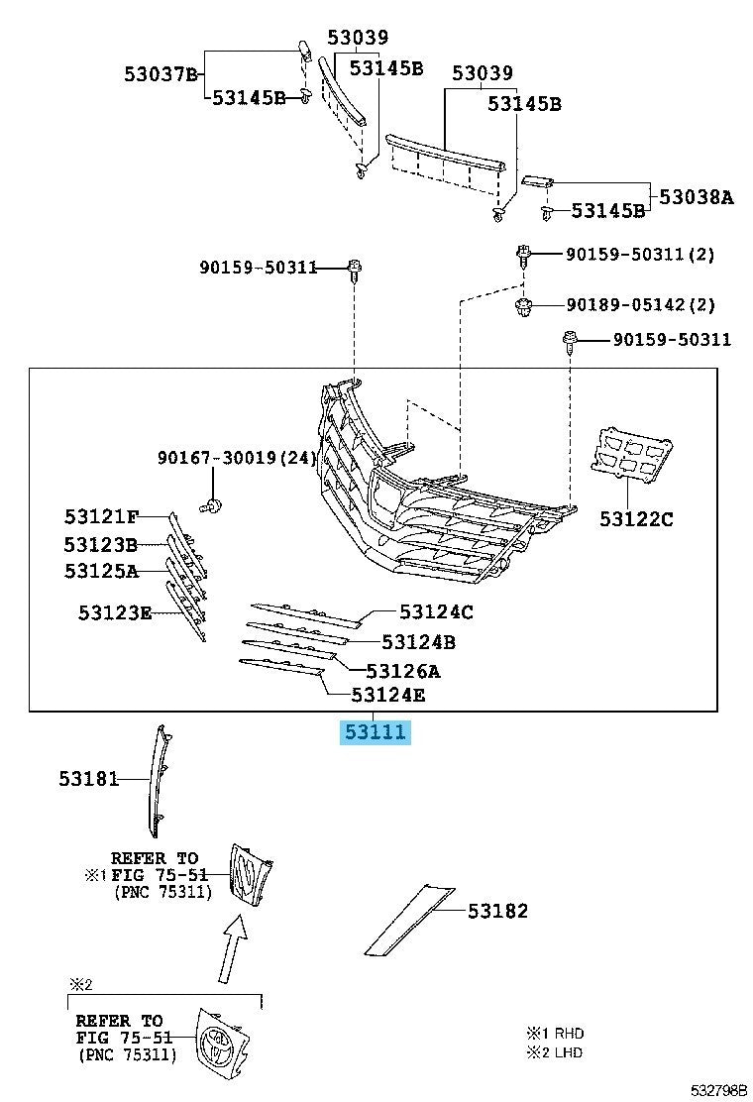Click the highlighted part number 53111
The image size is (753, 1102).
pyautogui.click(x=375, y=733)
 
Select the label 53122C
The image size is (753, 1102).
pyautogui.click(x=635, y=517)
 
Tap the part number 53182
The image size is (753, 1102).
pyautogui.click(x=497, y=911)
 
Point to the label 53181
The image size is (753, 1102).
pyautogui.click(x=87, y=780)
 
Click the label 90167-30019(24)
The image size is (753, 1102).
pyautogui.click(x=237, y=458)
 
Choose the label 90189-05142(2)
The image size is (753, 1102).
pyautogui.click(x=640, y=304)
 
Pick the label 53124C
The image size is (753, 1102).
pyautogui.click(x=436, y=612)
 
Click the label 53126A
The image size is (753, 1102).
pyautogui.click(x=403, y=671)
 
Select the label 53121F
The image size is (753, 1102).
pyautogui.click(x=101, y=516)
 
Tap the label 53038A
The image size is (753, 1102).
pyautogui.click(x=697, y=197)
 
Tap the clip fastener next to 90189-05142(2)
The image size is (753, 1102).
pyautogui.click(x=524, y=306)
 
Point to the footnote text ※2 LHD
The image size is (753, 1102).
pyautogui.click(x=556, y=1051)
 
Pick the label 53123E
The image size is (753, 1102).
pyautogui.click(x=115, y=613)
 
